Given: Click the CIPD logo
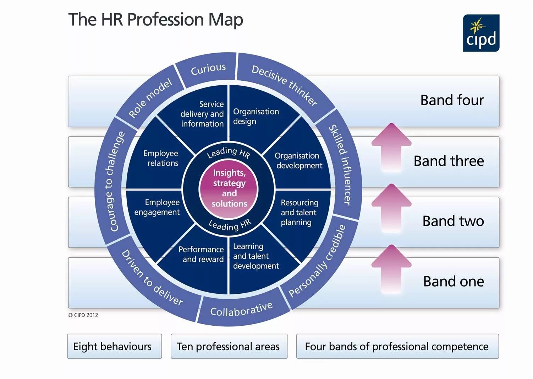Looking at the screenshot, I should tap(481, 33).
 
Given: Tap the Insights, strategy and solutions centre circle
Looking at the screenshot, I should tap(229, 188).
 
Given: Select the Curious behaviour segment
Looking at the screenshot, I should tap(208, 69).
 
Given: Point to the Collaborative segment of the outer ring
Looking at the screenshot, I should tap(241, 309).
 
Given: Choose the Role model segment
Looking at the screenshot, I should tap(150, 98).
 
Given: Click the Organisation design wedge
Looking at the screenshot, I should tap(256, 116).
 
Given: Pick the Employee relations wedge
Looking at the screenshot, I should tap(160, 158).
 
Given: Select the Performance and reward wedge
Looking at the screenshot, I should tap(201, 254).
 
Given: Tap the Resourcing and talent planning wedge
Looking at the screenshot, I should tap(299, 212).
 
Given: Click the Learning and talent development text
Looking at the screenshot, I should tap(255, 256).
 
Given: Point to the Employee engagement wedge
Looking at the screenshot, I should tap(157, 207).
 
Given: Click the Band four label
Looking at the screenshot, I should tap(452, 100).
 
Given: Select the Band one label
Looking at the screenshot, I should tap(453, 282).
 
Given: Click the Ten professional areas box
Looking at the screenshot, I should tap(229, 346).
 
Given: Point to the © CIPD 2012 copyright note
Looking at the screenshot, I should tap(83, 315).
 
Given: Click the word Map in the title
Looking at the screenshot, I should tap(226, 20).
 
